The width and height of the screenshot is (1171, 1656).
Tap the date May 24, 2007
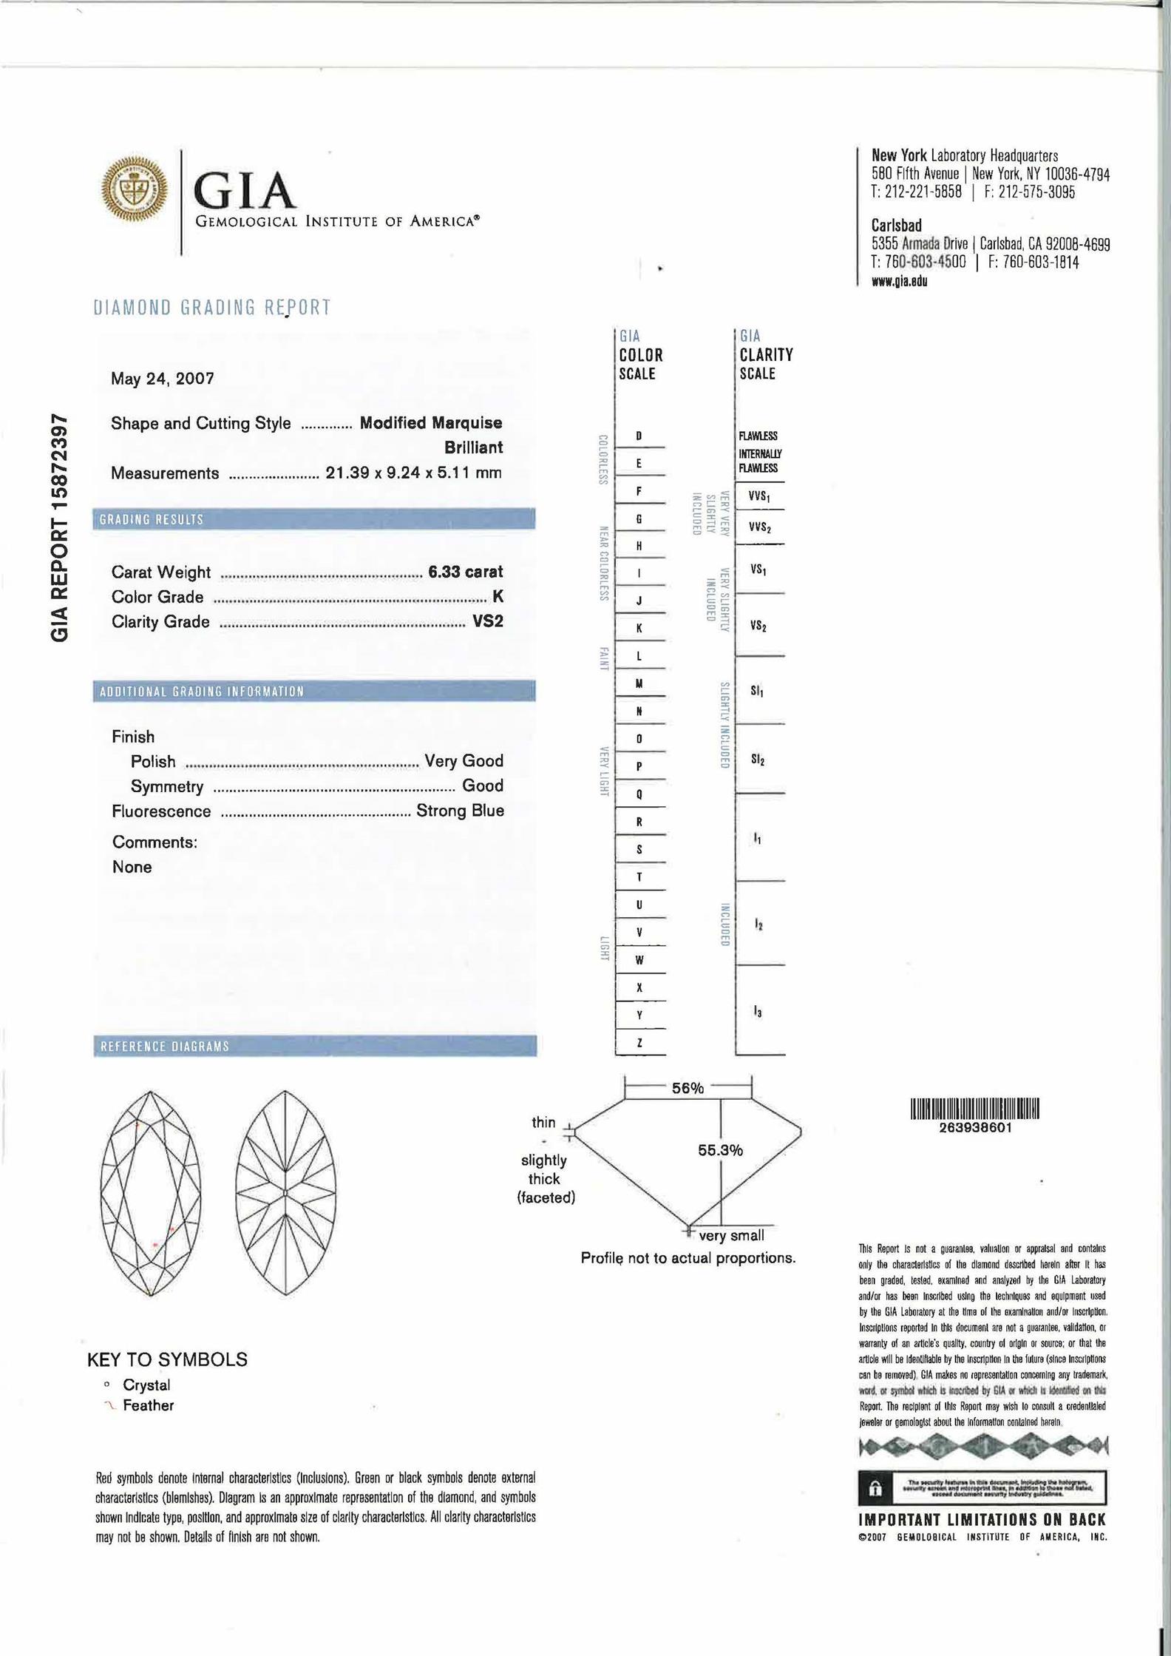click(x=163, y=379)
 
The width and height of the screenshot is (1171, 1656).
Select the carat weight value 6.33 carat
click(x=466, y=572)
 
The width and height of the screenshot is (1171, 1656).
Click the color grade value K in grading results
click(x=498, y=596)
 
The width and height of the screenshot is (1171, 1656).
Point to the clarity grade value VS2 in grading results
click(x=488, y=621)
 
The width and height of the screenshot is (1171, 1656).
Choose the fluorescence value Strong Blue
click(x=460, y=811)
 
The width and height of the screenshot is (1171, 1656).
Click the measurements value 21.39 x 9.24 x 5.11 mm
click(x=413, y=473)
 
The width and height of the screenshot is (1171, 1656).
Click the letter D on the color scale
click(x=639, y=436)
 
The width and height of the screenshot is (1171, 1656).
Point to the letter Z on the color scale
click(x=639, y=1043)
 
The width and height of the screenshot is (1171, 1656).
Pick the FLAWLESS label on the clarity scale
click(x=758, y=436)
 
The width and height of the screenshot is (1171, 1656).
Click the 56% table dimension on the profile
click(x=688, y=1088)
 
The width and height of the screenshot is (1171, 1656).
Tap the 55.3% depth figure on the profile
click(x=720, y=1150)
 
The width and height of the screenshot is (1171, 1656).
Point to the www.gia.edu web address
click(x=900, y=281)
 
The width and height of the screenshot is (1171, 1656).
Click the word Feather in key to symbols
click(x=148, y=1405)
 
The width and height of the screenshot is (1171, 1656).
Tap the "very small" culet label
click(x=731, y=1236)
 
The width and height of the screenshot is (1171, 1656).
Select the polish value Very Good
click(x=464, y=761)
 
